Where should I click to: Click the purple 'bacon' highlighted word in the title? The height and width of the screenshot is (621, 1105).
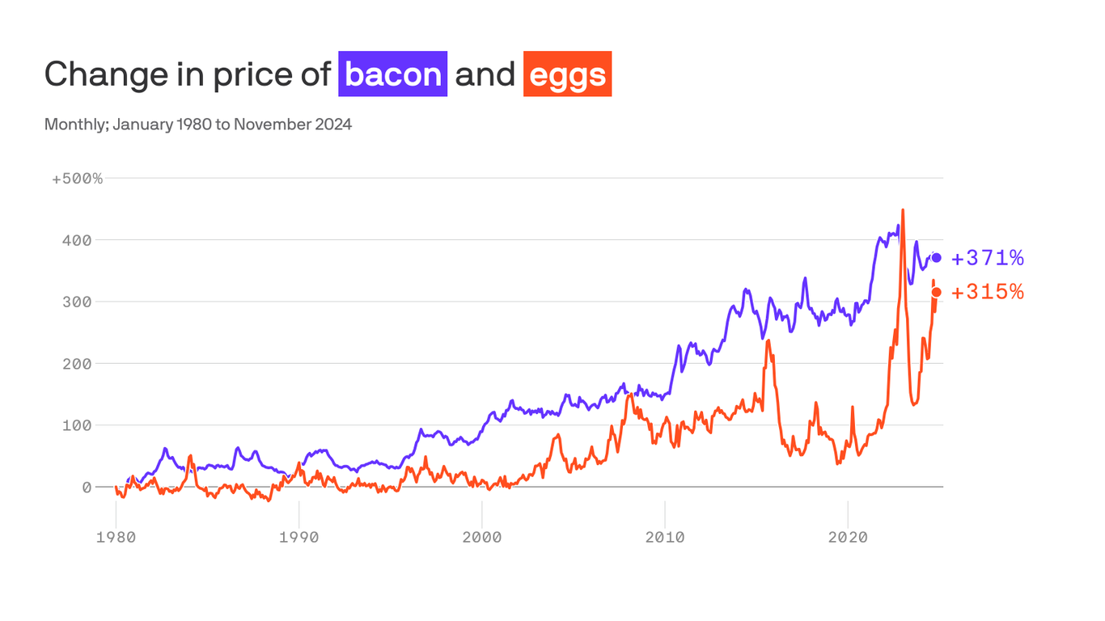coord(393,74)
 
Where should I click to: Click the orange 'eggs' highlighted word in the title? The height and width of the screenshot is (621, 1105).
coord(567,74)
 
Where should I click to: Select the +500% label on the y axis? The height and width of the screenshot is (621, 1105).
coord(78,179)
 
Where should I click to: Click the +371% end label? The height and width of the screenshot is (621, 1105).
coord(988,258)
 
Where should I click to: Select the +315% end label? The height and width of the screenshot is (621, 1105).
coord(988,292)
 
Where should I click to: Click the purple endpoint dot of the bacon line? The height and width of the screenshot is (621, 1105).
coord(937,258)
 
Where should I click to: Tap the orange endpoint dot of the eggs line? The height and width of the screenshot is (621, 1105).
coord(937,292)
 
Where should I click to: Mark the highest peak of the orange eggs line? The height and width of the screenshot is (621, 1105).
coord(903,210)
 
